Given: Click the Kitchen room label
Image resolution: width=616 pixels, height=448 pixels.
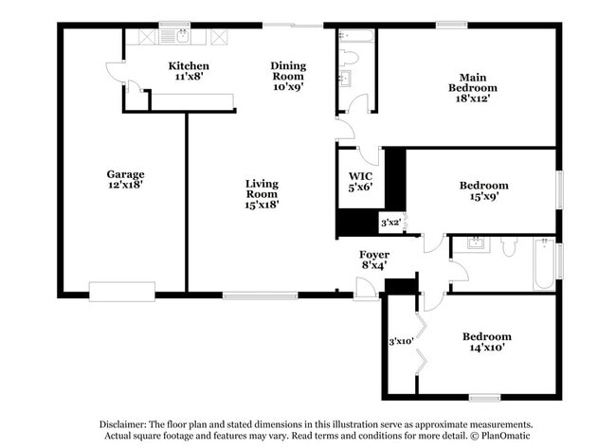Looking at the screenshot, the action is click(189, 65).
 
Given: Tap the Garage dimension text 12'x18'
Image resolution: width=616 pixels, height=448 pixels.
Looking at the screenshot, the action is click(125, 185).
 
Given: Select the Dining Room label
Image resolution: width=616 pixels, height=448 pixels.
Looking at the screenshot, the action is click(288, 71).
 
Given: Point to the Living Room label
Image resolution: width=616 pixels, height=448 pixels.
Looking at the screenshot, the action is click(262, 188).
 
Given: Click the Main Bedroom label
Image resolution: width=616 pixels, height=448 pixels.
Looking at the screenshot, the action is click(473, 82).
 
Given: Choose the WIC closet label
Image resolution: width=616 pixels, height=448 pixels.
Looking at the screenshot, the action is click(361, 176).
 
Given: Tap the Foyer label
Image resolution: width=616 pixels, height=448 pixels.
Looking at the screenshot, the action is click(374, 255).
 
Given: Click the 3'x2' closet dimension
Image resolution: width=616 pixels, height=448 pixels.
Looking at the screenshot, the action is click(390, 223).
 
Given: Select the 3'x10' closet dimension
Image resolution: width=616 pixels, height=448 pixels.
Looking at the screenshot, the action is click(401, 342).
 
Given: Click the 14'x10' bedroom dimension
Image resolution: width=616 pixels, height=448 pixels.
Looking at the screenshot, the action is click(487, 348).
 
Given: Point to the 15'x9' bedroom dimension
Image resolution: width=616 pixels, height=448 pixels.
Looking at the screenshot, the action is click(484, 196).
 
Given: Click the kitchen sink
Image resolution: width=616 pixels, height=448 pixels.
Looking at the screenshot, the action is click(182, 37).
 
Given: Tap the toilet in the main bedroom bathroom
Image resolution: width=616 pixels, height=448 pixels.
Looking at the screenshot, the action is click(349, 58).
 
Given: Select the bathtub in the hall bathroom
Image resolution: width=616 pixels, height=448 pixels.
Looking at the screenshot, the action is click(544, 263).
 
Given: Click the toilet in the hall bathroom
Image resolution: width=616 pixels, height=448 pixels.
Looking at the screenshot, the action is click(509, 246).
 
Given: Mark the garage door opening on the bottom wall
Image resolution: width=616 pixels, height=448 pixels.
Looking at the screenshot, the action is click(122, 292).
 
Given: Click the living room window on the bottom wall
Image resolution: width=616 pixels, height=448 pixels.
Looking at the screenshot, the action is click(260, 296).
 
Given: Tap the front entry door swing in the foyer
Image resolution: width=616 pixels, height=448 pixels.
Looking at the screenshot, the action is click(366, 289).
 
